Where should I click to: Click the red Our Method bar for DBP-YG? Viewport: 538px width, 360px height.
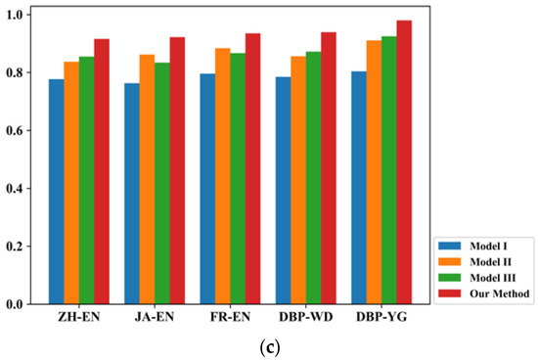404,162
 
